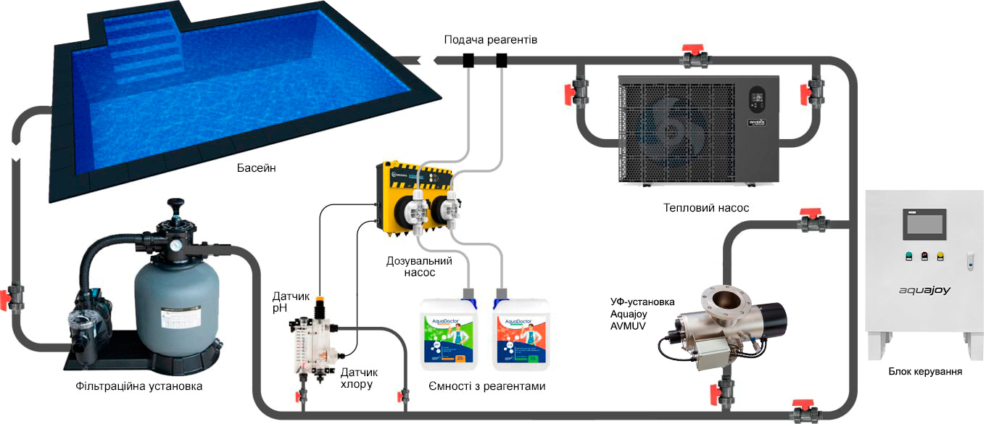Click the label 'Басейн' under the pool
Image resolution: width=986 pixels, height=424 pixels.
(256, 169)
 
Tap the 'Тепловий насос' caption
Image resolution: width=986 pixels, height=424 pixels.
(705, 208)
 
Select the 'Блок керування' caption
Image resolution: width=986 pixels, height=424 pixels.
(925, 372)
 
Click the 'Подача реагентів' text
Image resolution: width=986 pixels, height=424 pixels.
(490, 39)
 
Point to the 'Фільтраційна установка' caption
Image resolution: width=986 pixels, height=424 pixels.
(138, 386)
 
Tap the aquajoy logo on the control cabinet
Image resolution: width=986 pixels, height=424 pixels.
(924, 290)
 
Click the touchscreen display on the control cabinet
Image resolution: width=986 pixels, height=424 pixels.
(924, 224)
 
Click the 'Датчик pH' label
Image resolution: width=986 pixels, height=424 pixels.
(290, 302)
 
